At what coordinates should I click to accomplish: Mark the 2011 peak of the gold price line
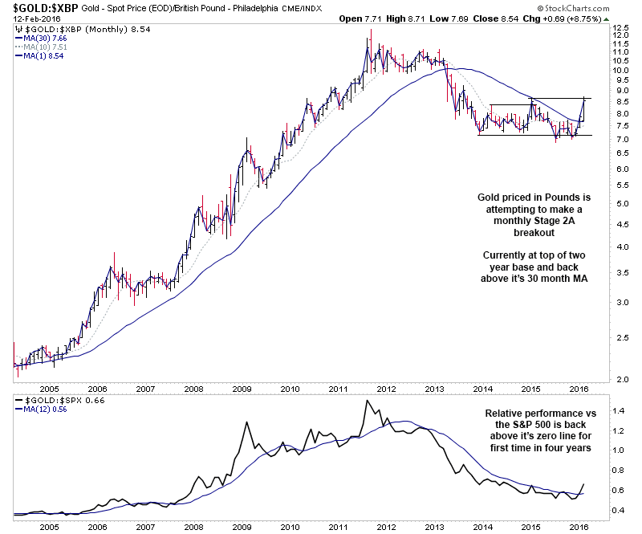[x=370, y=30]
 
